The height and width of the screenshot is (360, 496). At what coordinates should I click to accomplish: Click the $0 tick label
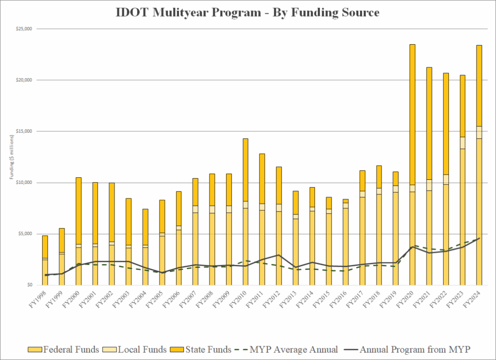point(29,285)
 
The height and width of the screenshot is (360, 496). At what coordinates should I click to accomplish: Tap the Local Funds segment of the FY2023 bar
point(463,143)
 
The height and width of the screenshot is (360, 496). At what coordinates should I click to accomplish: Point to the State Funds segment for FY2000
point(79,211)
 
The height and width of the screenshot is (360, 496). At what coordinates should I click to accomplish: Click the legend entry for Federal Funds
point(64,349)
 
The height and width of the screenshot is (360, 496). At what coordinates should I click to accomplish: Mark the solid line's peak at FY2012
point(279,255)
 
